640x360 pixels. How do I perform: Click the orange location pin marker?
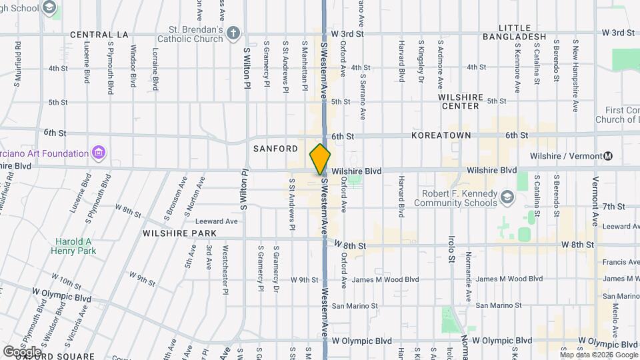(x=320, y=159)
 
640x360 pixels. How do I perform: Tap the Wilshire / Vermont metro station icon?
(x=607, y=157)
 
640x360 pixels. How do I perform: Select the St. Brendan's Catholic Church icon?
(x=233, y=33)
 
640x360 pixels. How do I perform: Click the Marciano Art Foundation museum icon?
(x=99, y=153)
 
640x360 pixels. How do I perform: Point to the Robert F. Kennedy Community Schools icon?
(x=507, y=197)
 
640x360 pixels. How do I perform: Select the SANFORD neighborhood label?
(x=275, y=149)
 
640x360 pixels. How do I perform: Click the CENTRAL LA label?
(x=99, y=35)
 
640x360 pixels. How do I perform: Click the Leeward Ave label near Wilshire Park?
(x=217, y=221)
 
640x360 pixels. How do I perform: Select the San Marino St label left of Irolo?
(x=355, y=306)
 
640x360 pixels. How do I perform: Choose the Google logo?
(x=21, y=351)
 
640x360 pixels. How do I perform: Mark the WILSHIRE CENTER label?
(x=460, y=101)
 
